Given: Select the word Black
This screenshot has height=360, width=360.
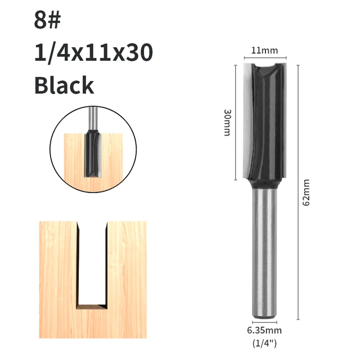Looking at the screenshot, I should pyautogui.click(x=64, y=85).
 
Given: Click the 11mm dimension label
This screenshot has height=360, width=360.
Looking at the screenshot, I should pyautogui.click(x=264, y=51).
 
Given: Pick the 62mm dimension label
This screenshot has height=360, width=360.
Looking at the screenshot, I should pyautogui.click(x=306, y=192).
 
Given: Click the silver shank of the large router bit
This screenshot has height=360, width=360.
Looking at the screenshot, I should pyautogui.click(x=264, y=253).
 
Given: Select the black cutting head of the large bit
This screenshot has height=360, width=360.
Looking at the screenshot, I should pyautogui.click(x=264, y=124).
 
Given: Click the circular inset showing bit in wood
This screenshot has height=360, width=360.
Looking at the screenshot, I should pyautogui.click(x=93, y=146).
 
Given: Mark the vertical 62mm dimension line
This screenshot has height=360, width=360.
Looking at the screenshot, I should pyautogui.click(x=296, y=191).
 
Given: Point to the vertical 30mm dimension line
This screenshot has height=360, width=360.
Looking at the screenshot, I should pyautogui.click(x=235, y=122).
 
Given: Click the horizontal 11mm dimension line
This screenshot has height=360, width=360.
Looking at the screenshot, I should pyautogui.click(x=264, y=58).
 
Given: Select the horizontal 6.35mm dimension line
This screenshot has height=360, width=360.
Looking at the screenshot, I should pyautogui.click(x=264, y=322).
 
